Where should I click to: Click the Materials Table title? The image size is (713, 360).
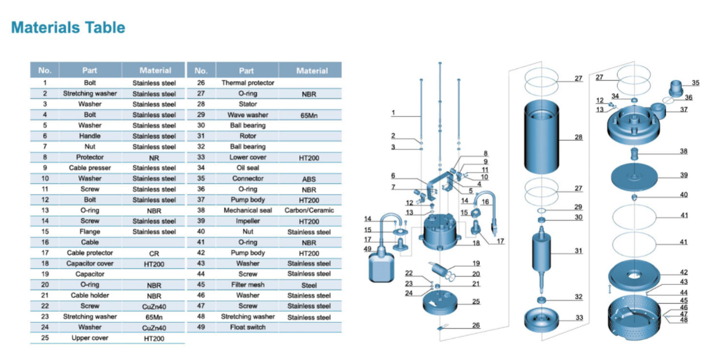pos(68,27)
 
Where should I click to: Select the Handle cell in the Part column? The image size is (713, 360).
pos(90,136)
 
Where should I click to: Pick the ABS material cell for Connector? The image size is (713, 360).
pos(309,179)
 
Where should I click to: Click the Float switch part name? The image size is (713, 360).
pos(247,328)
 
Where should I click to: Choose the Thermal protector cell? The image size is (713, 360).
pos(247,83)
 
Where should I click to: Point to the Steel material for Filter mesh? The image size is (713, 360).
pos(309,285)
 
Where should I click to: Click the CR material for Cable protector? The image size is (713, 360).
pos(154,253)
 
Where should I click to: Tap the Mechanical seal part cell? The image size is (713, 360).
pos(247,211)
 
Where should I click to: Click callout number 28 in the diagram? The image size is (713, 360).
pos(578,137)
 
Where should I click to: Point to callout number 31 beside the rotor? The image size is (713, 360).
pos(578,251)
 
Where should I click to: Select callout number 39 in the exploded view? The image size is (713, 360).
pos(684,175)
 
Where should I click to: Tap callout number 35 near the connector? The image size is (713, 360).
pos(695,83)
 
